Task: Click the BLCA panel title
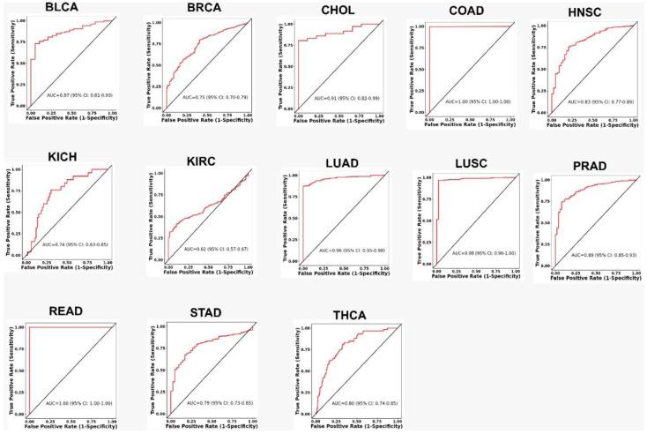point(58,8)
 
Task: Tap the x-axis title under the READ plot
point(71,428)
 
